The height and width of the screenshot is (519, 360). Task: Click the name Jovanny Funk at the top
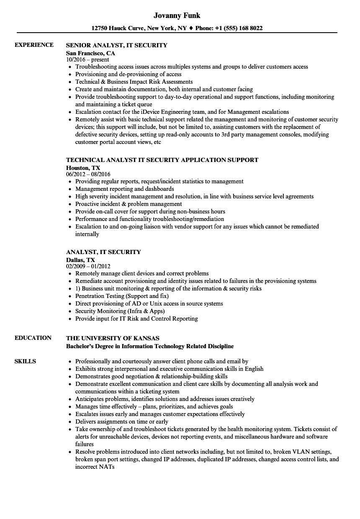point(177,15)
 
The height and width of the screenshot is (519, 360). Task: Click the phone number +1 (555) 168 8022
point(239,28)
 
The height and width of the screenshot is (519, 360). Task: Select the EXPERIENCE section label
point(34,45)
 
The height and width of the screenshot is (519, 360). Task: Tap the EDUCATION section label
point(33,338)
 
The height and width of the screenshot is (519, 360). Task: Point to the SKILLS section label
point(25,361)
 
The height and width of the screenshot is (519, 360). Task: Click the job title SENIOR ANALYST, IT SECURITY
point(117,45)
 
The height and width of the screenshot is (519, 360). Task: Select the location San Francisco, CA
point(90,53)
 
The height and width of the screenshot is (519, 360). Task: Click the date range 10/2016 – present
point(87,59)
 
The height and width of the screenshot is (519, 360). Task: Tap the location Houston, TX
point(83,168)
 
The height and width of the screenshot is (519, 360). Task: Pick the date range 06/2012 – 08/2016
point(88,174)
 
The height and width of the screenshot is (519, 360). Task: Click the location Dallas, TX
point(80,260)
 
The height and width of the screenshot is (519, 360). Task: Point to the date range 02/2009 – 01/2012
point(88,266)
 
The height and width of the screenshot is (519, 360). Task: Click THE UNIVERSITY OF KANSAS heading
point(113,338)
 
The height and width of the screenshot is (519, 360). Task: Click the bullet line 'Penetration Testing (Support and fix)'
point(122,296)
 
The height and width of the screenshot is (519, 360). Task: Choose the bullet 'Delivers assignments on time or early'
point(121,421)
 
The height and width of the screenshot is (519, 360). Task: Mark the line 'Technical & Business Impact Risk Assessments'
point(134,82)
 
